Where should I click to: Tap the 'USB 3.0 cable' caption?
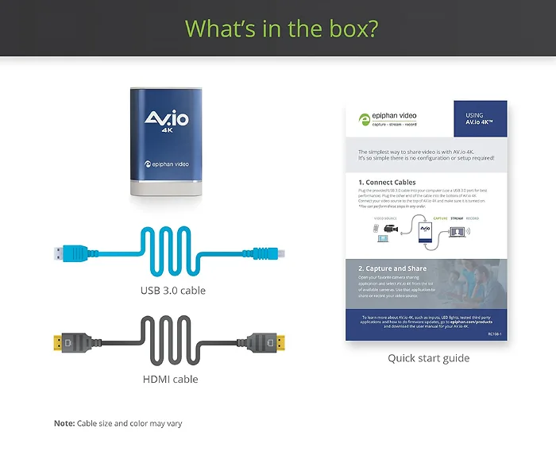coord(172,290)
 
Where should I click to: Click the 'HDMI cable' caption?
coord(170,379)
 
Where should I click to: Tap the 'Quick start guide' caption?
coord(428,358)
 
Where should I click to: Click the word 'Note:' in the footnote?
coord(64,423)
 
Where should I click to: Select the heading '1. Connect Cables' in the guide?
coord(387,182)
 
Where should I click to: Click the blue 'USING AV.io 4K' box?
coord(480,120)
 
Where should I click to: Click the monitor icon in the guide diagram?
coord(460,233)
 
